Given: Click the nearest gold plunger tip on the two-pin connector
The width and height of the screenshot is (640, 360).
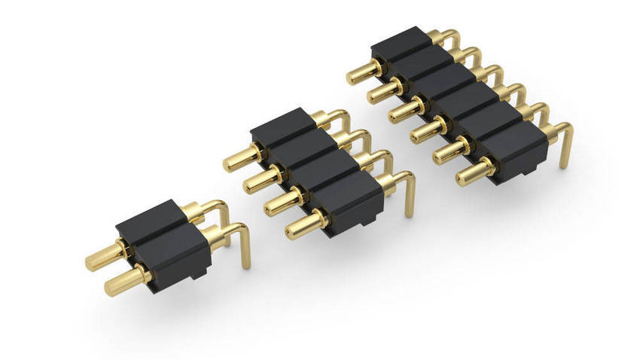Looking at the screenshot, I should pyautogui.click(x=113, y=285).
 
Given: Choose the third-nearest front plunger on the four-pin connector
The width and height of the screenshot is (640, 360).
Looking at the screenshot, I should pyautogui.click(x=256, y=181).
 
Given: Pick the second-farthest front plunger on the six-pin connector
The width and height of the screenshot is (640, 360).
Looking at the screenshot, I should pyautogui.click(x=380, y=93).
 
